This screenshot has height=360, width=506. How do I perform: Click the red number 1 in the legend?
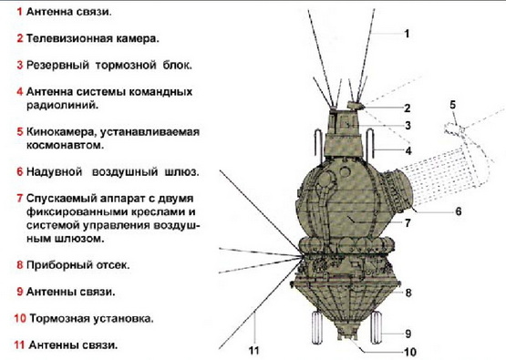19,12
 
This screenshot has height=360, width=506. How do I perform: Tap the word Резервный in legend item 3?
57,65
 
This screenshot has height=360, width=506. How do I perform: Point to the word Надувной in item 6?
54,171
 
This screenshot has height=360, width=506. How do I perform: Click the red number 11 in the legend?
19,345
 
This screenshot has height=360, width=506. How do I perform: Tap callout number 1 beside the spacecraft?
407,34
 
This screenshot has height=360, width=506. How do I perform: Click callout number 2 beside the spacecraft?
408,108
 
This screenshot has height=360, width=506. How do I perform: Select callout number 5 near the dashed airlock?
453,105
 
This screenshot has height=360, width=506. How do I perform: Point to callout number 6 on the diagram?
459,211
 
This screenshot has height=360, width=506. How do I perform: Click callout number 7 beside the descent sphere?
408,223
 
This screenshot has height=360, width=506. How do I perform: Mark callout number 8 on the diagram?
408,293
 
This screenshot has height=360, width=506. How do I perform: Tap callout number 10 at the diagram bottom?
410,352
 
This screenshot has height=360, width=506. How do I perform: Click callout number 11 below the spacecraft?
254,351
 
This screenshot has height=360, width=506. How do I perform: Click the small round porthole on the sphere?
345,171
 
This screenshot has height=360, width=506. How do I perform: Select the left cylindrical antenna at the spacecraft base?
317,328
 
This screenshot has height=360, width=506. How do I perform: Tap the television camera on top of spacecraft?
356,106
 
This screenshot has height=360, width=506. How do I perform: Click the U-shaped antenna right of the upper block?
370,142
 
